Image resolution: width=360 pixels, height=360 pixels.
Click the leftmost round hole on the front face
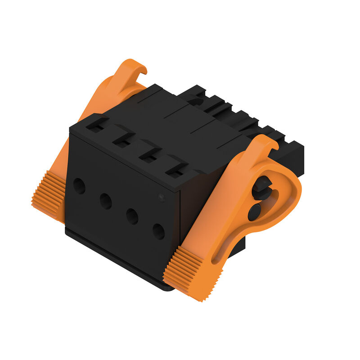[79, 186]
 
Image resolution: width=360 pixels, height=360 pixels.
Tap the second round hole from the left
[106, 201]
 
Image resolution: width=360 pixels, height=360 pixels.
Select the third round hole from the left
[132, 216]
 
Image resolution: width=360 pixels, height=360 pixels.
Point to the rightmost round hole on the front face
[158, 231]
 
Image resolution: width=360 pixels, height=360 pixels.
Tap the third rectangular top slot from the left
[148, 156]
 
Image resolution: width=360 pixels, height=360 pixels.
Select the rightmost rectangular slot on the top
[174, 171]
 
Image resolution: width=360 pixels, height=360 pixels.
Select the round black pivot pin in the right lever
[255, 212]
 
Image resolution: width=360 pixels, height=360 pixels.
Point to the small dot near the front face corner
[161, 197]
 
